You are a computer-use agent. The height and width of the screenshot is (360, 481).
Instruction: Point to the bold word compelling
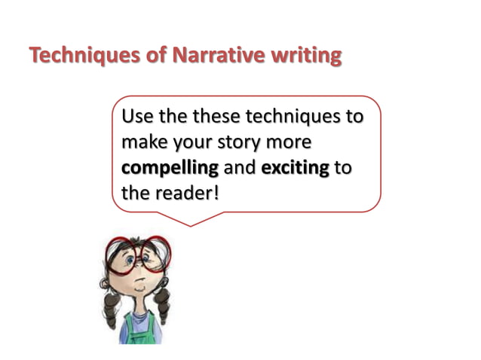(x=170, y=167)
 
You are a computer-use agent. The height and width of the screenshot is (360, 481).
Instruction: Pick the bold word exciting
(x=295, y=167)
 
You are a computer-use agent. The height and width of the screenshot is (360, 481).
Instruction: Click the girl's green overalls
(x=138, y=328)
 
